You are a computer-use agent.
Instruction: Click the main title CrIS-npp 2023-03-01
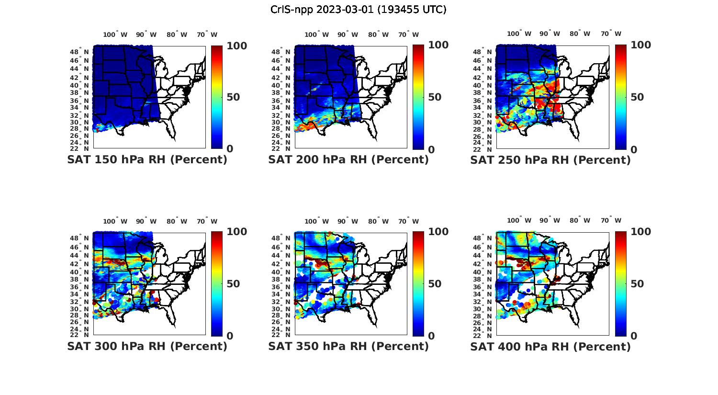(x=358, y=10)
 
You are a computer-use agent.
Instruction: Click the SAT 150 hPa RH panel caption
(x=147, y=160)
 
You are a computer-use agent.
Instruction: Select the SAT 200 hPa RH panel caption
(x=348, y=160)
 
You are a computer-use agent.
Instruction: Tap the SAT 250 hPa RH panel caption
(x=550, y=160)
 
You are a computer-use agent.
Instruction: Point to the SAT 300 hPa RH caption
(x=147, y=346)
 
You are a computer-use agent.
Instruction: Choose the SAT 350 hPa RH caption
(x=348, y=346)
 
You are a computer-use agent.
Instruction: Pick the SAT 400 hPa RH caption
(x=550, y=346)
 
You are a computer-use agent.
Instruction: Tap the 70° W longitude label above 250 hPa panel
(x=611, y=34)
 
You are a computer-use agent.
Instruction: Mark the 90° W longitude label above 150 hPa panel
(x=146, y=34)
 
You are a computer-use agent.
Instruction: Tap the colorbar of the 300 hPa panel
(x=217, y=284)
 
